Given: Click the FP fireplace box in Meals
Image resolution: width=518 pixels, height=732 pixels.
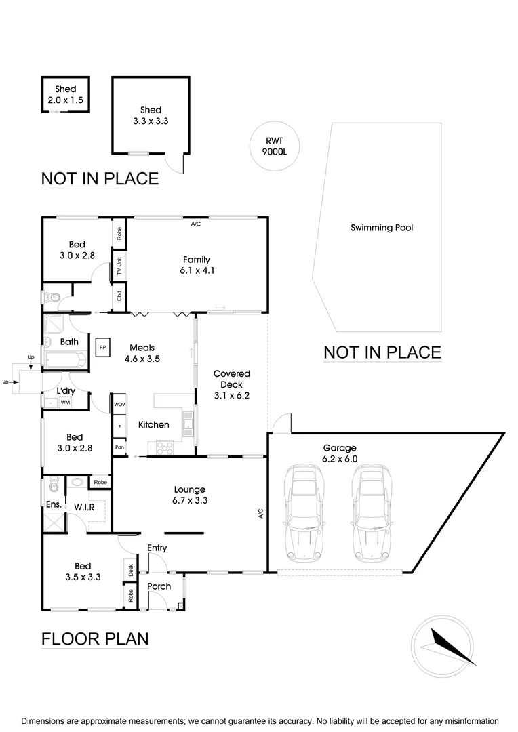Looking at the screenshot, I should pyautogui.click(x=103, y=347).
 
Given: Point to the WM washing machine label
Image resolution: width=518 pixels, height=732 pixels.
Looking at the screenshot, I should pyautogui.click(x=65, y=403).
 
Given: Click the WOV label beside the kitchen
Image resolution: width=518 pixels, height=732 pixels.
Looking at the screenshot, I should pyautogui.click(x=119, y=405).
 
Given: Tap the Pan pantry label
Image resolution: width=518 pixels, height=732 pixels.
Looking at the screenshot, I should pyautogui.click(x=119, y=447).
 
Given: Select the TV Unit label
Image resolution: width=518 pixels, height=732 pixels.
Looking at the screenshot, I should pyautogui.click(x=119, y=266).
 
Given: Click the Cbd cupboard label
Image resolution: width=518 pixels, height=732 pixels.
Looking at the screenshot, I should pyautogui.click(x=119, y=296).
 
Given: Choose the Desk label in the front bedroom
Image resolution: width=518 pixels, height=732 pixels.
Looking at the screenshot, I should pyautogui.click(x=130, y=570).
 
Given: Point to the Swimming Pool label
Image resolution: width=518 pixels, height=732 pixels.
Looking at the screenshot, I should pyautogui.click(x=382, y=228).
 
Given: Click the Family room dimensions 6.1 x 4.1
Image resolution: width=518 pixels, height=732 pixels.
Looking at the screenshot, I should pyautogui.click(x=196, y=270).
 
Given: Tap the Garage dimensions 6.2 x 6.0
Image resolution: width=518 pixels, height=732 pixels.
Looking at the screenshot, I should pyautogui.click(x=340, y=459).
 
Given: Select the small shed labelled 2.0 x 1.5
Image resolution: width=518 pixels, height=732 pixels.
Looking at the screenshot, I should pyautogui.click(x=66, y=95).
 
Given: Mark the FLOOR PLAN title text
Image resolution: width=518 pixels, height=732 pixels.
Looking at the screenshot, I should pyautogui.click(x=95, y=638).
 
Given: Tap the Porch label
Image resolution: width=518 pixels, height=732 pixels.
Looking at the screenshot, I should pyautogui.click(x=159, y=586).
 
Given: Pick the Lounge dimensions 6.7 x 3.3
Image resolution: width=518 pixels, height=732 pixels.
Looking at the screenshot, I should pyautogui.click(x=190, y=501).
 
